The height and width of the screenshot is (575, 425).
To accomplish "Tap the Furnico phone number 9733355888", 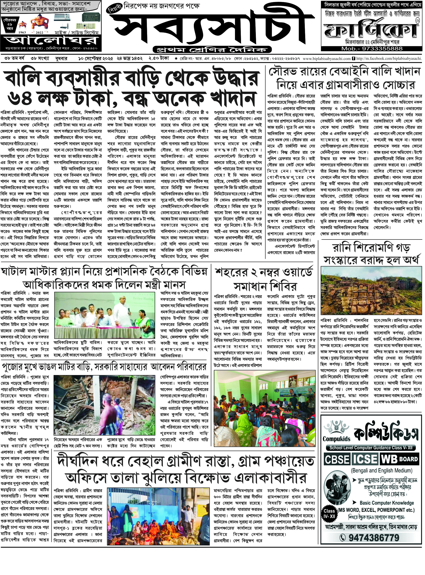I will (x=371, y=49).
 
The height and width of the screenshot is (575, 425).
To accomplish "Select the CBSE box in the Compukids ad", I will (x=337, y=459).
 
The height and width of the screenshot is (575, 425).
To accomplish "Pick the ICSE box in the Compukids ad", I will (x=365, y=459).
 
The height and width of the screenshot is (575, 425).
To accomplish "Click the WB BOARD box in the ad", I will (x=399, y=459).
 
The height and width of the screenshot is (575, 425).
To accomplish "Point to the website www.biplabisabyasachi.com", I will (x=327, y=59).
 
